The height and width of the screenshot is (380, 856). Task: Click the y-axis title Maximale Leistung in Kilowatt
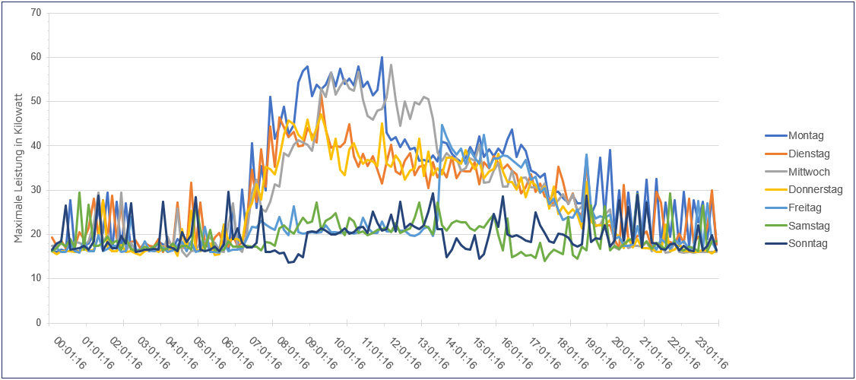click(x=19, y=169)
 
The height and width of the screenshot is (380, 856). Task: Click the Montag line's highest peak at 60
click(x=382, y=57)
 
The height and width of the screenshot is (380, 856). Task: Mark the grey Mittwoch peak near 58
click(x=391, y=65)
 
